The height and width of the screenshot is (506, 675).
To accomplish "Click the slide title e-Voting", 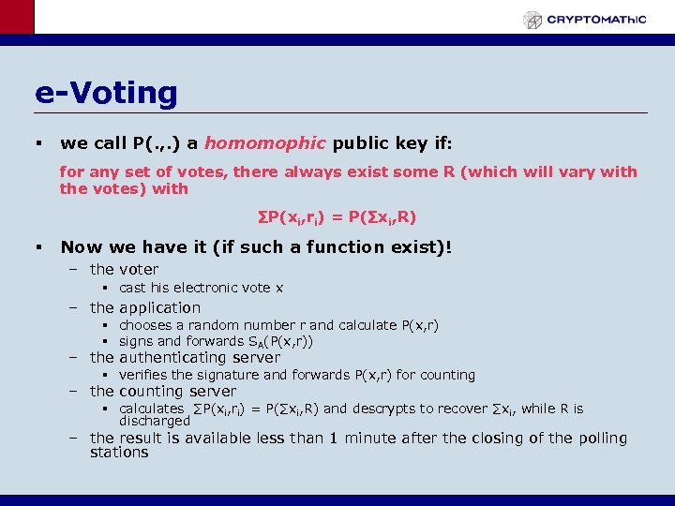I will (106, 93).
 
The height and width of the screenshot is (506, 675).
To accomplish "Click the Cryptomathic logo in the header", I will (585, 19).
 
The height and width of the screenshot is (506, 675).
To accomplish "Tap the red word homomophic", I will (264, 143).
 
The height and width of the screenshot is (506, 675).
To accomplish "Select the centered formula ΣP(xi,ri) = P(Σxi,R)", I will (337, 217).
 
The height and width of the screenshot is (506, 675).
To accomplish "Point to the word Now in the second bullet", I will (82, 247).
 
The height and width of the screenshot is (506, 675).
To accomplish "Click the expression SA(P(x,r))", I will (278, 342).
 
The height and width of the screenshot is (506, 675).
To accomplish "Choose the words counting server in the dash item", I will (178, 391).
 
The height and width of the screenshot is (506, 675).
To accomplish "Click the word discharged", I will (154, 422).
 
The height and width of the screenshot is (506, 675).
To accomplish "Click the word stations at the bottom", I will (119, 453).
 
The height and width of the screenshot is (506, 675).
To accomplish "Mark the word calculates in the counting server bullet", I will (152, 409).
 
